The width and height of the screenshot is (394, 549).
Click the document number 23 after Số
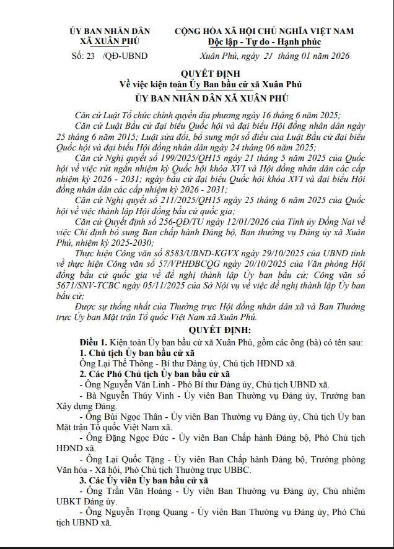tap(91, 56)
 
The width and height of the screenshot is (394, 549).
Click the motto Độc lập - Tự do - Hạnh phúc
tap(265, 42)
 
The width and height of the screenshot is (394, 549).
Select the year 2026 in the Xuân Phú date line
tap(338, 56)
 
